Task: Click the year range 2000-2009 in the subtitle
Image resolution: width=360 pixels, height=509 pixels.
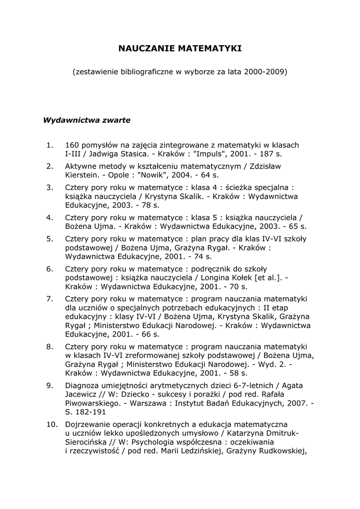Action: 265,72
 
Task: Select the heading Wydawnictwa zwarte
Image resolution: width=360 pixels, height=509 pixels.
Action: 87,120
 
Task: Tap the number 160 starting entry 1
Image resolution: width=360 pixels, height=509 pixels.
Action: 72,145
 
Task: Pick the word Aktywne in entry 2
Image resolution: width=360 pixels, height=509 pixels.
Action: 81,166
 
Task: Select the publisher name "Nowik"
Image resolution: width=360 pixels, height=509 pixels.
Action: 151,175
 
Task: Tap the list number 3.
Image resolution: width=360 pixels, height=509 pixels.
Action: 49,187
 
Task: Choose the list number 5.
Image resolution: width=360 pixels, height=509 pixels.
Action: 49,239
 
